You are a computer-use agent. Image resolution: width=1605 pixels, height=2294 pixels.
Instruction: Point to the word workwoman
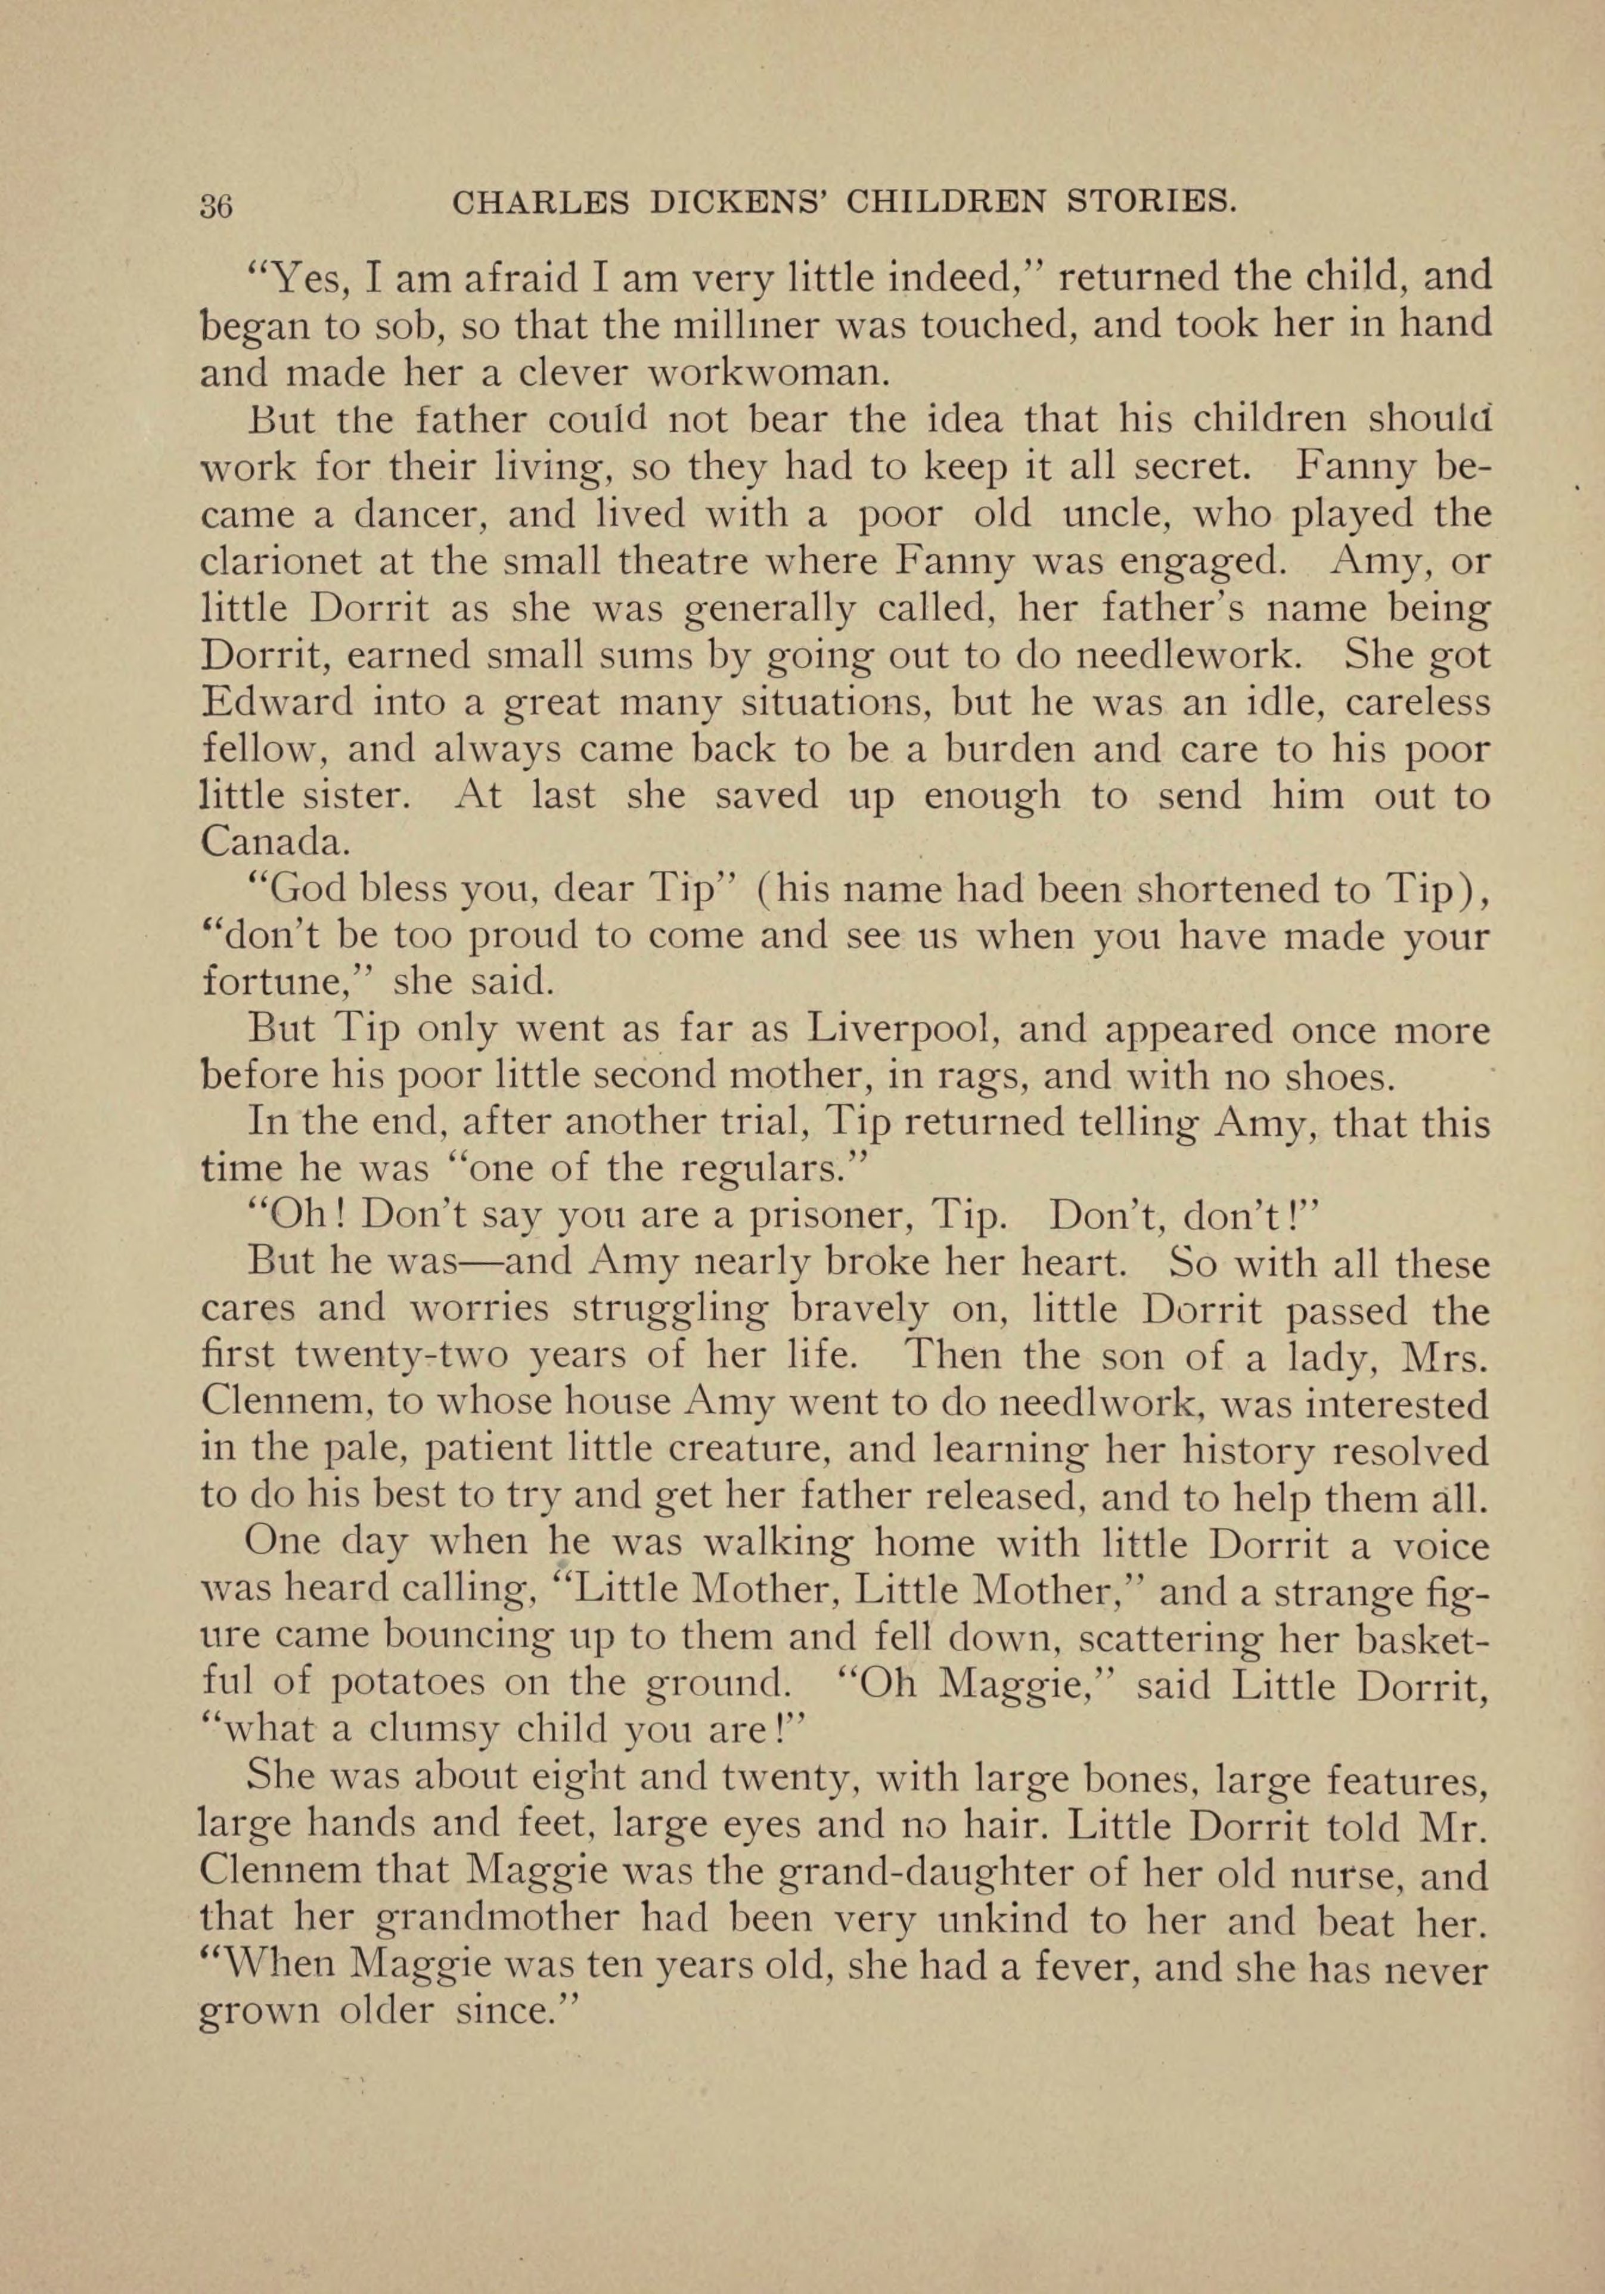pyautogui.click(x=768, y=371)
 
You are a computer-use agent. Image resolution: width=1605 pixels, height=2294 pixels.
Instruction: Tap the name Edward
pyautogui.click(x=277, y=702)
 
